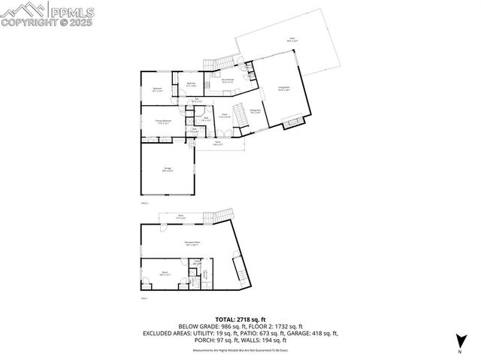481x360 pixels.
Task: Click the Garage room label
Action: point(168,170)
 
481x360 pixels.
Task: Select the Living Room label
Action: point(284,89)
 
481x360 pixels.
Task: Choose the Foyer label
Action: point(224,116)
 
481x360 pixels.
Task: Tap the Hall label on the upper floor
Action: point(197,100)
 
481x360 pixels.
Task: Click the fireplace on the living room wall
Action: point(295,119)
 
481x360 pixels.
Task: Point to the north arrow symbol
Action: point(458,342)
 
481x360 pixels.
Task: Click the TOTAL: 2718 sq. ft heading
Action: point(240,319)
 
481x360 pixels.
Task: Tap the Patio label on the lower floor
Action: point(180,216)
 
